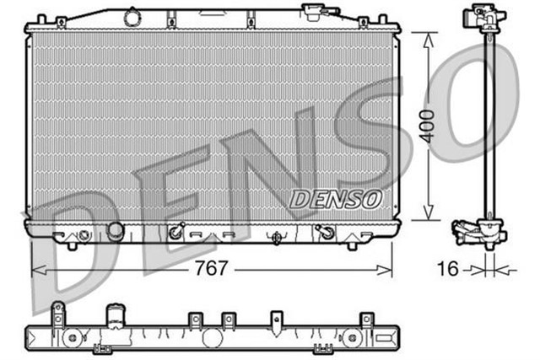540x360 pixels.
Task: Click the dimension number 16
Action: tap(449, 270)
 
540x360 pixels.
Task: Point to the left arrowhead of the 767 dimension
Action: tap(36, 271)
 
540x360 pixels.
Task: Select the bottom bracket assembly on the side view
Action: tap(479, 231)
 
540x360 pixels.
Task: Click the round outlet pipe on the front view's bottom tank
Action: tap(114, 231)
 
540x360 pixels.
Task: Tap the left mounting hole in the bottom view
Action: tap(73, 337)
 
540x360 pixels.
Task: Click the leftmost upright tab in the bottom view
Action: tap(57, 314)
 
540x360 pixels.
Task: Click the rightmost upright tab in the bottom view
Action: tap(366, 319)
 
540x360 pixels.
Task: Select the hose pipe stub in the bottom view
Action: tap(114, 320)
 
